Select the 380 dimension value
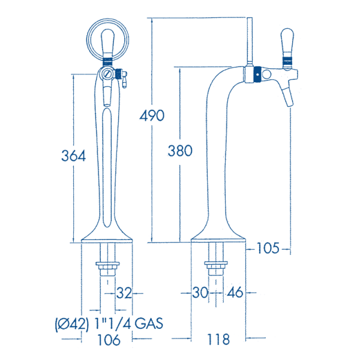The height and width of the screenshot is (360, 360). pyautogui.click(x=180, y=151)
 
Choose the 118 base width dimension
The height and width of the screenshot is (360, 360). pyautogui.click(x=218, y=340)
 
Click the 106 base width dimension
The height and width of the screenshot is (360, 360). pyautogui.click(x=109, y=340)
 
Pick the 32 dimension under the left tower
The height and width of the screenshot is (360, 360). pyautogui.click(x=124, y=293)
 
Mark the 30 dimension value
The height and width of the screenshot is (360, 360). pyautogui.click(x=199, y=293)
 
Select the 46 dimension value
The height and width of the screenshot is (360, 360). pyautogui.click(x=235, y=293)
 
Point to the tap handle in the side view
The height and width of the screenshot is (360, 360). pyautogui.click(x=286, y=46)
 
